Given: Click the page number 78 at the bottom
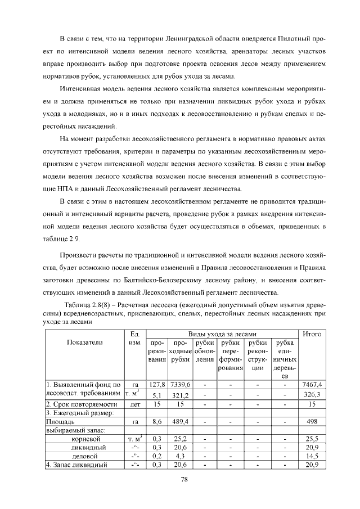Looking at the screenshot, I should point(183,479).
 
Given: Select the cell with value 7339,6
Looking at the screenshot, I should point(181,384).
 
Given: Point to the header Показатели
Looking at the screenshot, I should point(84,341).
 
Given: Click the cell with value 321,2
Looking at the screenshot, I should point(181,395).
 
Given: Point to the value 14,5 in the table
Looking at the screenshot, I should point(311,456).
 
